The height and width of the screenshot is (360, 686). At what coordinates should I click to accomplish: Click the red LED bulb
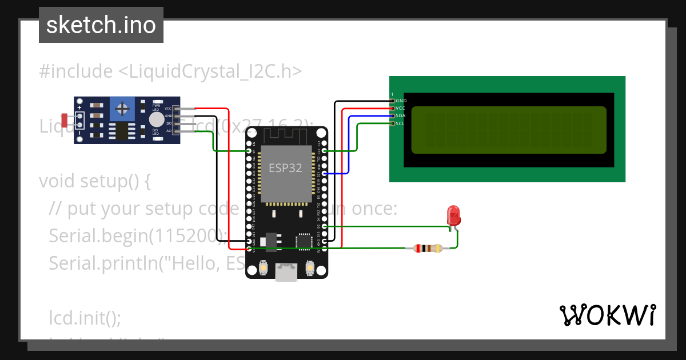[x=454, y=215]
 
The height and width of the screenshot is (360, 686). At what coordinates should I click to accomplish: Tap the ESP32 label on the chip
[x=286, y=168]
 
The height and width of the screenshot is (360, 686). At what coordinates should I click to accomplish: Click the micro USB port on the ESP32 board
[x=286, y=273]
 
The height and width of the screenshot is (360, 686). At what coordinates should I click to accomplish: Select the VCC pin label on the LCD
[x=401, y=108]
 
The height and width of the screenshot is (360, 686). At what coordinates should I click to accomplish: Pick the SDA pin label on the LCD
[x=401, y=115]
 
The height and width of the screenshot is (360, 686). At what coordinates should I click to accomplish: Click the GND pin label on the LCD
[x=401, y=101]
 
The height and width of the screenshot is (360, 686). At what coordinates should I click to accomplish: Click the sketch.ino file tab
[x=101, y=25]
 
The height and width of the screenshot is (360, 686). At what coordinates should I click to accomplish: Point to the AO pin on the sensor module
[x=169, y=131]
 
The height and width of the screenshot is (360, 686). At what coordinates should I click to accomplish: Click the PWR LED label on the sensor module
[x=156, y=107]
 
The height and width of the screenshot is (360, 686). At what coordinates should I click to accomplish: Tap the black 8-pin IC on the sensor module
[x=121, y=131]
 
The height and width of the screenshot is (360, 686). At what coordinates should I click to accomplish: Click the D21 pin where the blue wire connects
[x=324, y=173]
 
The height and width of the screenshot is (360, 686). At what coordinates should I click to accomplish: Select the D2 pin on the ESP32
[x=324, y=226]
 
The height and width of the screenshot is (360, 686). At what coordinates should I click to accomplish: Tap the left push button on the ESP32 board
[x=264, y=267]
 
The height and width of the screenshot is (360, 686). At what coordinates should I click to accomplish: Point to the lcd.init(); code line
[x=85, y=317]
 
